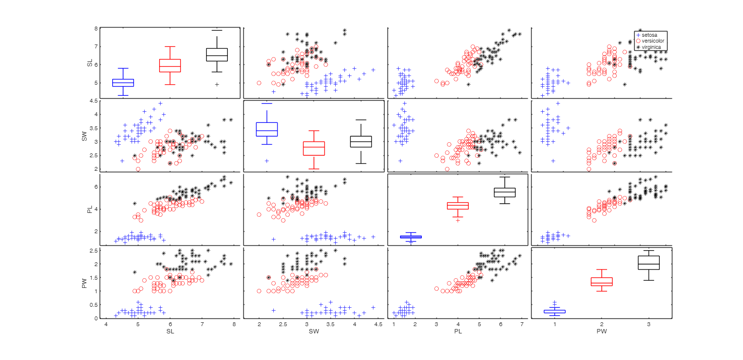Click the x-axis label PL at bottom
[458, 331]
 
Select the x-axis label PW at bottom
[601, 331]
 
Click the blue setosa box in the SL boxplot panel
[123, 83]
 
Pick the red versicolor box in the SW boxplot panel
[313, 148]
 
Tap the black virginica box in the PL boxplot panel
[505, 192]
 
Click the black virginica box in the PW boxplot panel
[649, 262]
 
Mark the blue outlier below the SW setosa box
[267, 161]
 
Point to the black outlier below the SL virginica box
[217, 84]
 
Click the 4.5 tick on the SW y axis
[97, 101]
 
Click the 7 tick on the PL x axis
[522, 324]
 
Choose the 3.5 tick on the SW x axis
[330, 324]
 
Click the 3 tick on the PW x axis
[649, 324]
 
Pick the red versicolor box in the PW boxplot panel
[601, 282]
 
